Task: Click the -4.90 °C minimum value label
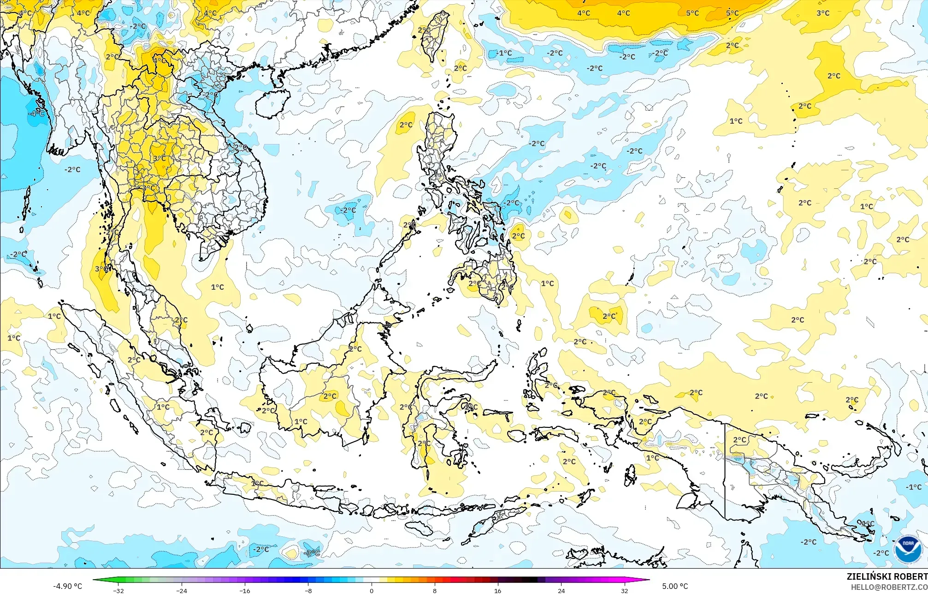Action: tap(67, 586)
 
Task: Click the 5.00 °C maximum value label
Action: tap(675, 586)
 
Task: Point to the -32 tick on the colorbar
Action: tap(119, 590)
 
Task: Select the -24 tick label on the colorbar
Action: tap(182, 590)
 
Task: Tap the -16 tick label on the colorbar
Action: tap(245, 590)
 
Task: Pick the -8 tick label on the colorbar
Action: tap(308, 590)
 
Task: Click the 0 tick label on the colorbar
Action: tap(372, 590)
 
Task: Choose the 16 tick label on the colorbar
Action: tap(498, 590)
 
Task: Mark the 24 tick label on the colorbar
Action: tap(561, 590)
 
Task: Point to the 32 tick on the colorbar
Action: tap(624, 590)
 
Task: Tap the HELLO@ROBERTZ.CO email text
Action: tap(889, 587)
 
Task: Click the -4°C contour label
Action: tap(37, 114)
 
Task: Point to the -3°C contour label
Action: tap(312, 553)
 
